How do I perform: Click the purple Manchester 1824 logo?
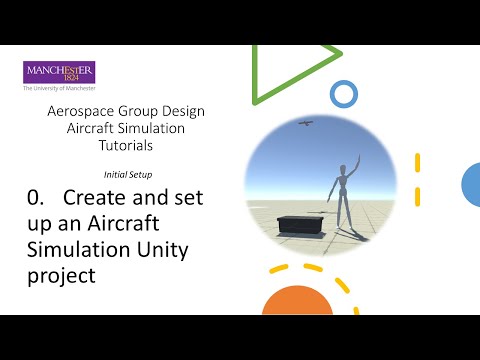point(59,72)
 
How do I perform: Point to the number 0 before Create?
point(33,198)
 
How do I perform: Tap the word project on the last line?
point(60,274)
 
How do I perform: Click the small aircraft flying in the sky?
point(306,124)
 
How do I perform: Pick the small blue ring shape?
point(343,95)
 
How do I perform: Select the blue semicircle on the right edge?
point(471,183)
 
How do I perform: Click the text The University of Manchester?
point(59,88)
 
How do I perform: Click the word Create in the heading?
point(94,198)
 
